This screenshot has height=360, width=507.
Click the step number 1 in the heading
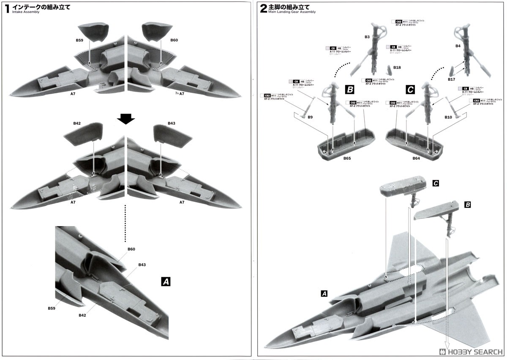pyautogui.click(x=7, y=8)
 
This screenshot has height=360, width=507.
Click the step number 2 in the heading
pyautogui.click(x=263, y=8)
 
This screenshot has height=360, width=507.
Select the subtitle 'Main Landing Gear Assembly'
pyautogui.click(x=292, y=12)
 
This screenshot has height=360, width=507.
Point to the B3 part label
pyautogui.click(x=367, y=37)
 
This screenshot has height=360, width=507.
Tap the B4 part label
pyautogui.click(x=458, y=45)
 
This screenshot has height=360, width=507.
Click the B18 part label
pyautogui.click(x=397, y=68)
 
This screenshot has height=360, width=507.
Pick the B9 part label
pyautogui.click(x=310, y=117)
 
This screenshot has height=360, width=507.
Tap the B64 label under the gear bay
pyautogui.click(x=416, y=158)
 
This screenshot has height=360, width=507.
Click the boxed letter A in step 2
pyautogui.click(x=324, y=293)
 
